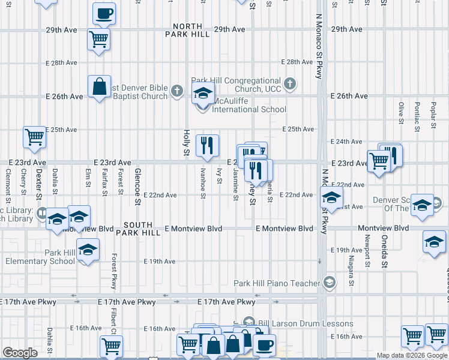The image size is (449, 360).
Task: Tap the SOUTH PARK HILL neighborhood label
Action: click(x=142, y=229)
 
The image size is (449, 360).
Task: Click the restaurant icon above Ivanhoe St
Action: click(x=207, y=145)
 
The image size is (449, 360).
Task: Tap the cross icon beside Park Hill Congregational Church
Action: click(x=291, y=84)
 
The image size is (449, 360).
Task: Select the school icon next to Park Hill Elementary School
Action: click(x=88, y=249)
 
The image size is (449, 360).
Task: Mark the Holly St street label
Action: click(x=186, y=144)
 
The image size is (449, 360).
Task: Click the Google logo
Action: click(x=20, y=353)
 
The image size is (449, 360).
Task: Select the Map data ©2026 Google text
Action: click(x=412, y=355)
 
